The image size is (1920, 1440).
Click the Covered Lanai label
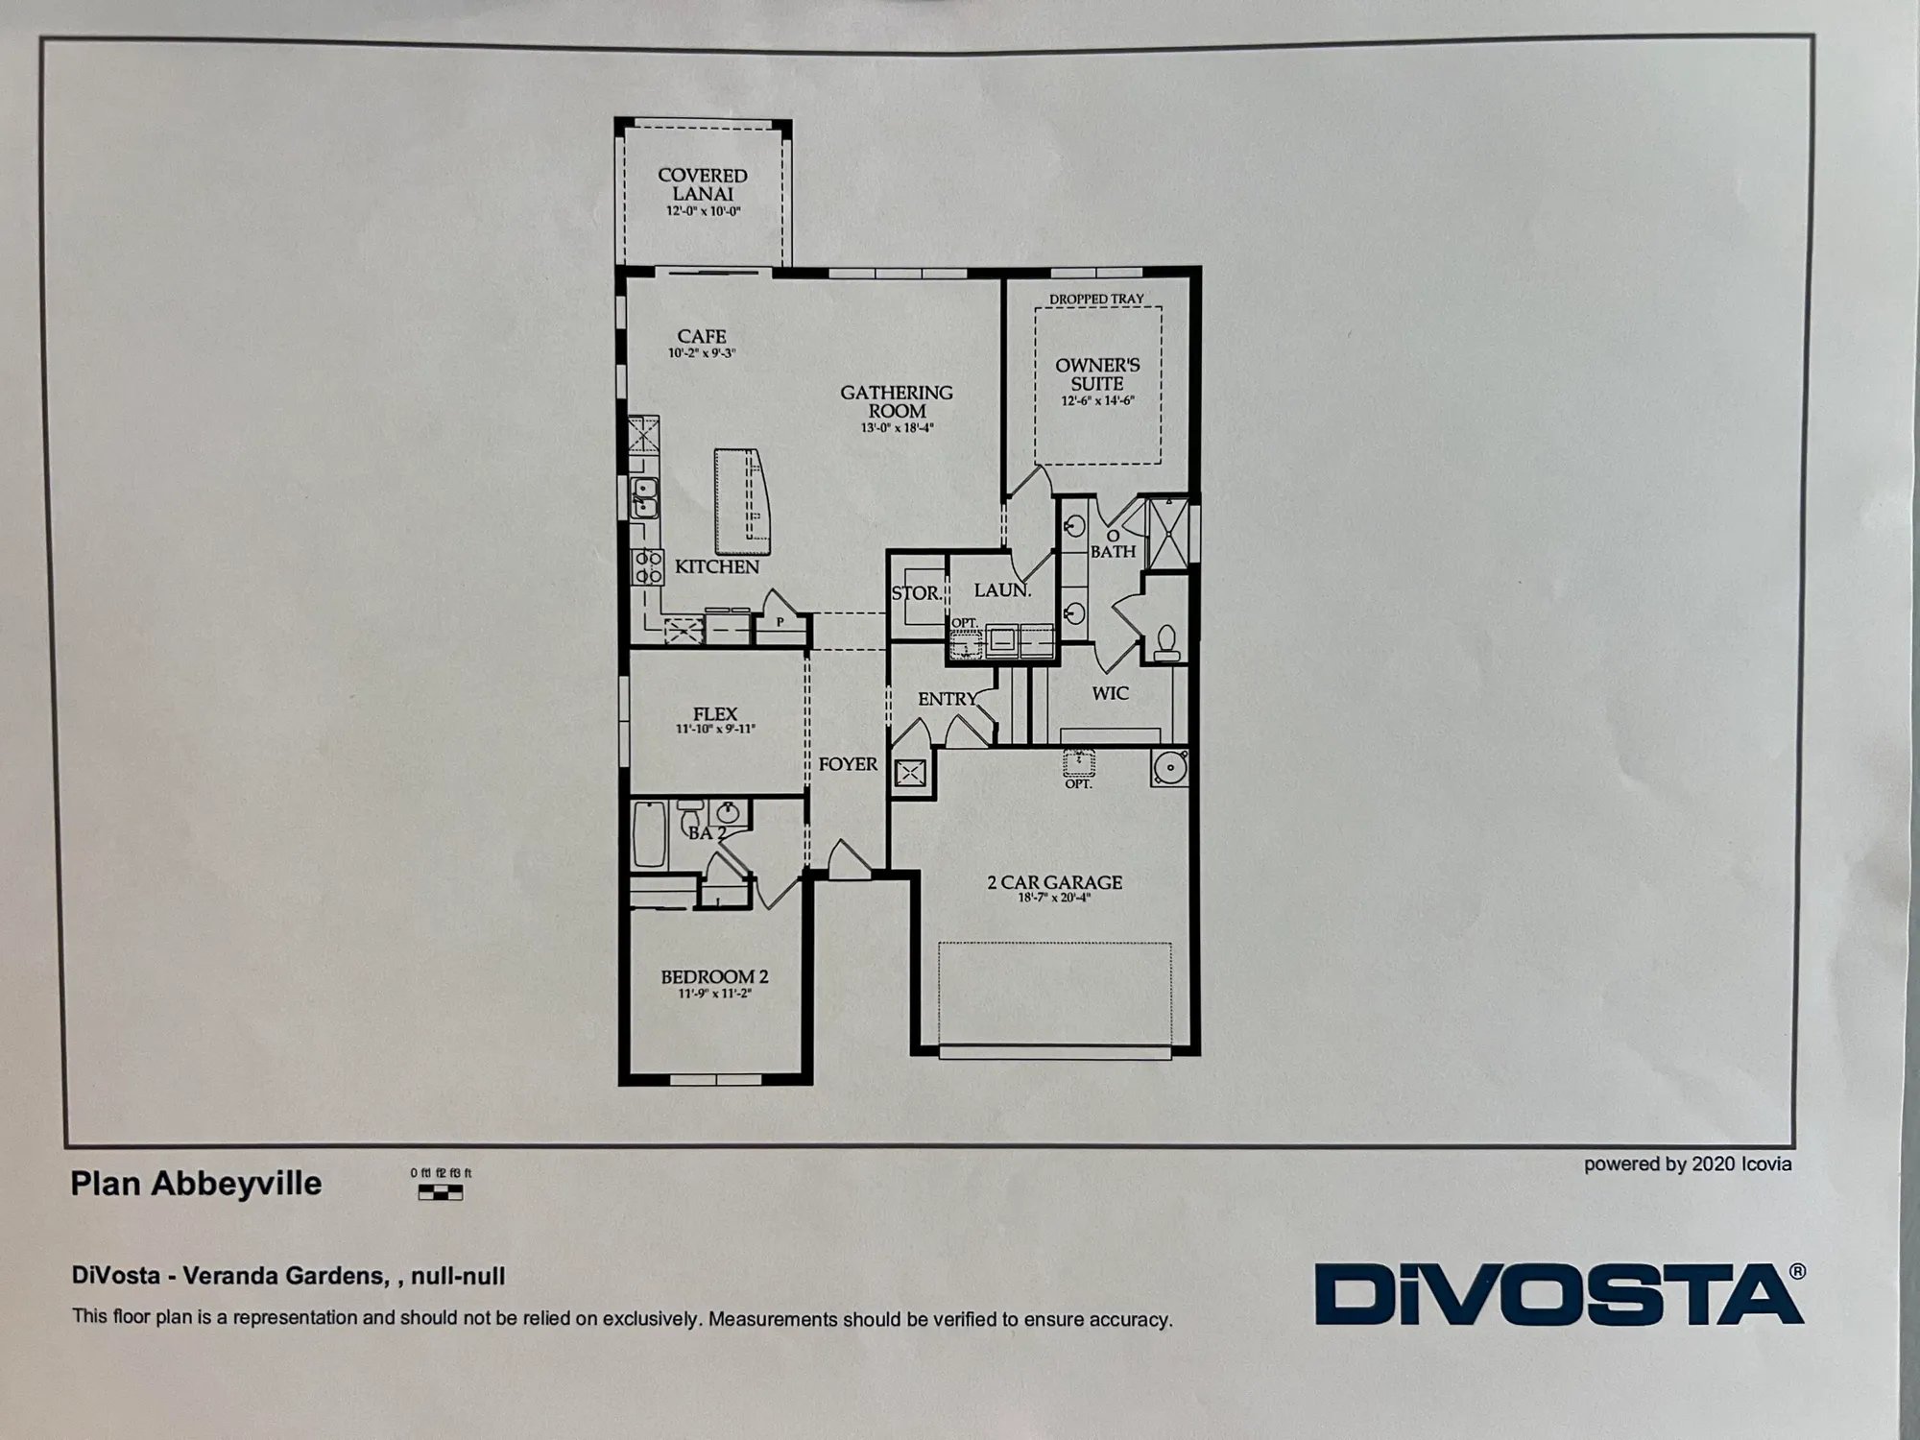pyautogui.click(x=703, y=184)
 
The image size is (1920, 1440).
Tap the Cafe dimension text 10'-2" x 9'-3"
pyautogui.click(x=702, y=353)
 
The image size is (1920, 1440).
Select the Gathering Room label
pyautogui.click(x=897, y=401)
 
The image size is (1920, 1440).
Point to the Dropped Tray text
pyautogui.click(x=1096, y=299)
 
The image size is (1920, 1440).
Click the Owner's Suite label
pyautogui.click(x=1097, y=373)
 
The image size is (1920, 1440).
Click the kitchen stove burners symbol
pyautogui.click(x=647, y=566)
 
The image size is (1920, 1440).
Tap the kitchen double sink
pyautogui.click(x=643, y=497)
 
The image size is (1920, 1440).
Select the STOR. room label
pyautogui.click(x=916, y=593)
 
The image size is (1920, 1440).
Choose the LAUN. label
pyautogui.click(x=1002, y=590)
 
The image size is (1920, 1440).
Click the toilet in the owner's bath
pyautogui.click(x=1167, y=641)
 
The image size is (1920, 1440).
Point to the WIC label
pyautogui.click(x=1110, y=693)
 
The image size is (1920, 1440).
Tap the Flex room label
pyautogui.click(x=715, y=714)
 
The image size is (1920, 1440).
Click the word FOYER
pyautogui.click(x=848, y=764)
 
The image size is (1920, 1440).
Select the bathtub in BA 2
pyautogui.click(x=650, y=835)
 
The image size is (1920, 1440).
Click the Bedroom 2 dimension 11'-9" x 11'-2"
pyautogui.click(x=714, y=994)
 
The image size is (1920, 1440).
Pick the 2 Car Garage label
pyautogui.click(x=1054, y=882)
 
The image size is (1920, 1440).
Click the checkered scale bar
pyautogui.click(x=441, y=1192)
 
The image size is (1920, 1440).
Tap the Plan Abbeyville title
pyautogui.click(x=196, y=1184)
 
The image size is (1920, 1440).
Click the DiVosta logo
pyautogui.click(x=1559, y=1295)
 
